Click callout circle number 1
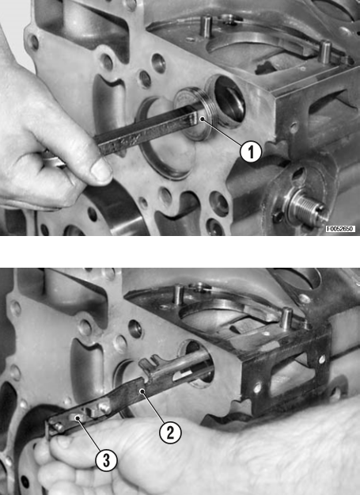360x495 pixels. [x=251, y=152]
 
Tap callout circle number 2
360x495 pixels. [x=170, y=432]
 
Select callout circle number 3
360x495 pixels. [x=106, y=460]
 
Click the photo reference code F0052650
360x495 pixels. [x=340, y=229]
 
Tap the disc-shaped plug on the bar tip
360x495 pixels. [x=193, y=113]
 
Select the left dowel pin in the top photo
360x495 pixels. [x=206, y=26]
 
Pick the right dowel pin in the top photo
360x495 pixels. [x=324, y=51]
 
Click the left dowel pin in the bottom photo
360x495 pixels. [x=179, y=295]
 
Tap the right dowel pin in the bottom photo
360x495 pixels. [x=286, y=319]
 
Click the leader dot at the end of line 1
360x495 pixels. [x=202, y=119]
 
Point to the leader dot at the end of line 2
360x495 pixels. [x=142, y=390]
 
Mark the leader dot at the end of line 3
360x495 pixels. [x=78, y=418]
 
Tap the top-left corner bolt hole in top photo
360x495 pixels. [x=33, y=42]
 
